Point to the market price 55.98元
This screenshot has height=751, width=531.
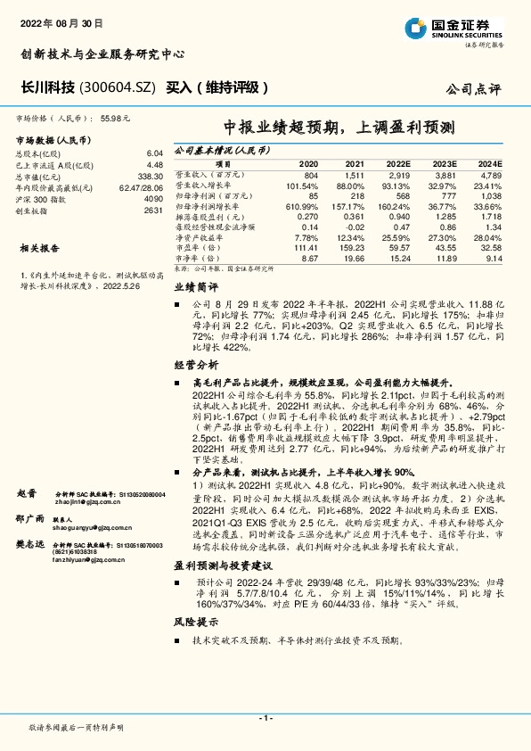(116, 117)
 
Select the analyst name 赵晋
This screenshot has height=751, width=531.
(26, 493)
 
